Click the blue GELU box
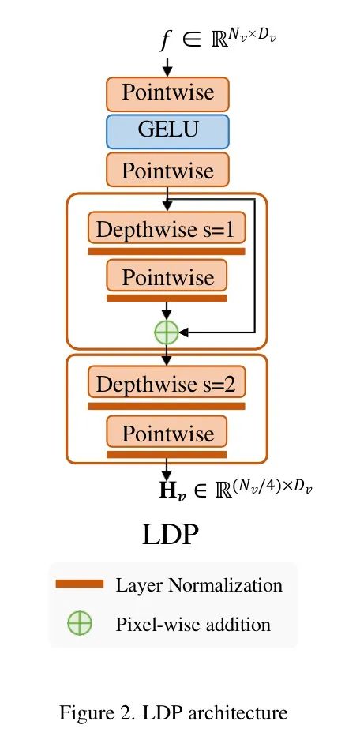pyautogui.click(x=167, y=131)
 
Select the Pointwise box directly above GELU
pyautogui.click(x=167, y=94)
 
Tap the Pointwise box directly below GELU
pyautogui.click(x=167, y=170)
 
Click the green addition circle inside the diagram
pyautogui.click(x=167, y=332)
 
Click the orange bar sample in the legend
pyautogui.click(x=80, y=584)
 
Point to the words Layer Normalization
pyautogui.click(x=199, y=585)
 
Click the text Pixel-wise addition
pyautogui.click(x=193, y=625)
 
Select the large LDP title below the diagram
pyautogui.click(x=171, y=534)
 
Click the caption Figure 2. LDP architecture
pyautogui.click(x=173, y=712)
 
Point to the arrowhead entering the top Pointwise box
pyautogui.click(x=167, y=72)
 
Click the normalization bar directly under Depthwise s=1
pyautogui.click(x=167, y=251)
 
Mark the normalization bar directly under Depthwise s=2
pyautogui.click(x=167, y=407)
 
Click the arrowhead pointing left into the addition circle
pyautogui.click(x=184, y=332)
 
